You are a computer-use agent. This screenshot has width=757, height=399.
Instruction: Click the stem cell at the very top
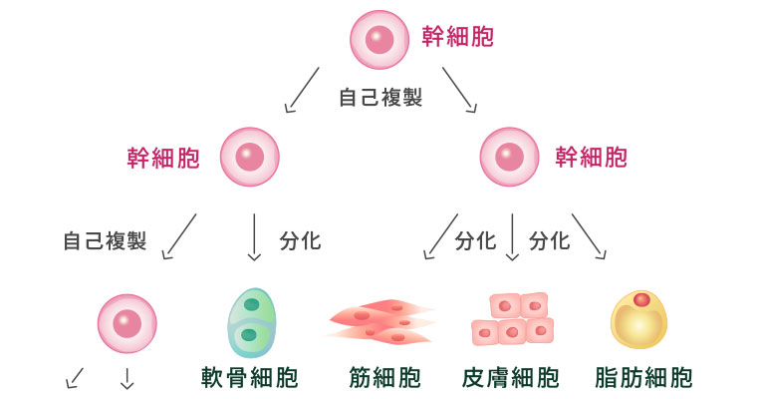(x=378, y=39)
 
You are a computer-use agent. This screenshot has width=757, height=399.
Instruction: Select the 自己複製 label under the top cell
(x=379, y=98)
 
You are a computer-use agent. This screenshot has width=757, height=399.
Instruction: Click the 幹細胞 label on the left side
(x=162, y=157)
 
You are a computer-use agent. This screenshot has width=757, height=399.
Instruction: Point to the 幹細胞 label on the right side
(x=592, y=157)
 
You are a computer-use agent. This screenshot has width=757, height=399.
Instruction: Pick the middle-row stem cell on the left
(x=249, y=157)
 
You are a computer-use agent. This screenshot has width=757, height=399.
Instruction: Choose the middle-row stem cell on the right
(x=509, y=157)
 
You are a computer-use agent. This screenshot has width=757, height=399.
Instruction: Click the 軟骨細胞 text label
(x=249, y=378)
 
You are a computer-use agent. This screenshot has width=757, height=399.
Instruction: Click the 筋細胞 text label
(x=384, y=378)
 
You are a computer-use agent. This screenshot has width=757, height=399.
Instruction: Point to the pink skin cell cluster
(x=511, y=319)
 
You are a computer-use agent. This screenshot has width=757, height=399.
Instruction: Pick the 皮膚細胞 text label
(x=511, y=378)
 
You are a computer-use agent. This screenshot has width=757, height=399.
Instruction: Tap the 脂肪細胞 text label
(x=642, y=378)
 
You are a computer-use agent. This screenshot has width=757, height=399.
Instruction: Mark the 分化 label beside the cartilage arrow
(x=300, y=241)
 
